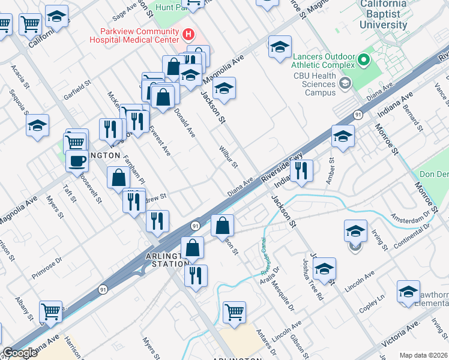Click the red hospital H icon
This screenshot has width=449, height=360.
189,34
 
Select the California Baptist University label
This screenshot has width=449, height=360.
383,16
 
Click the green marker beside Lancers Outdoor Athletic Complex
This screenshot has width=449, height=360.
363,60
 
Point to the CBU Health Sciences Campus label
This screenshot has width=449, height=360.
315,84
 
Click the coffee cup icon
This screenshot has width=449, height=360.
76,161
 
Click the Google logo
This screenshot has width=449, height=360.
20,353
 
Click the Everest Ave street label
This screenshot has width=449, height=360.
160,140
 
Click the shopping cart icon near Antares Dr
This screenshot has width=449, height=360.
234,311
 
